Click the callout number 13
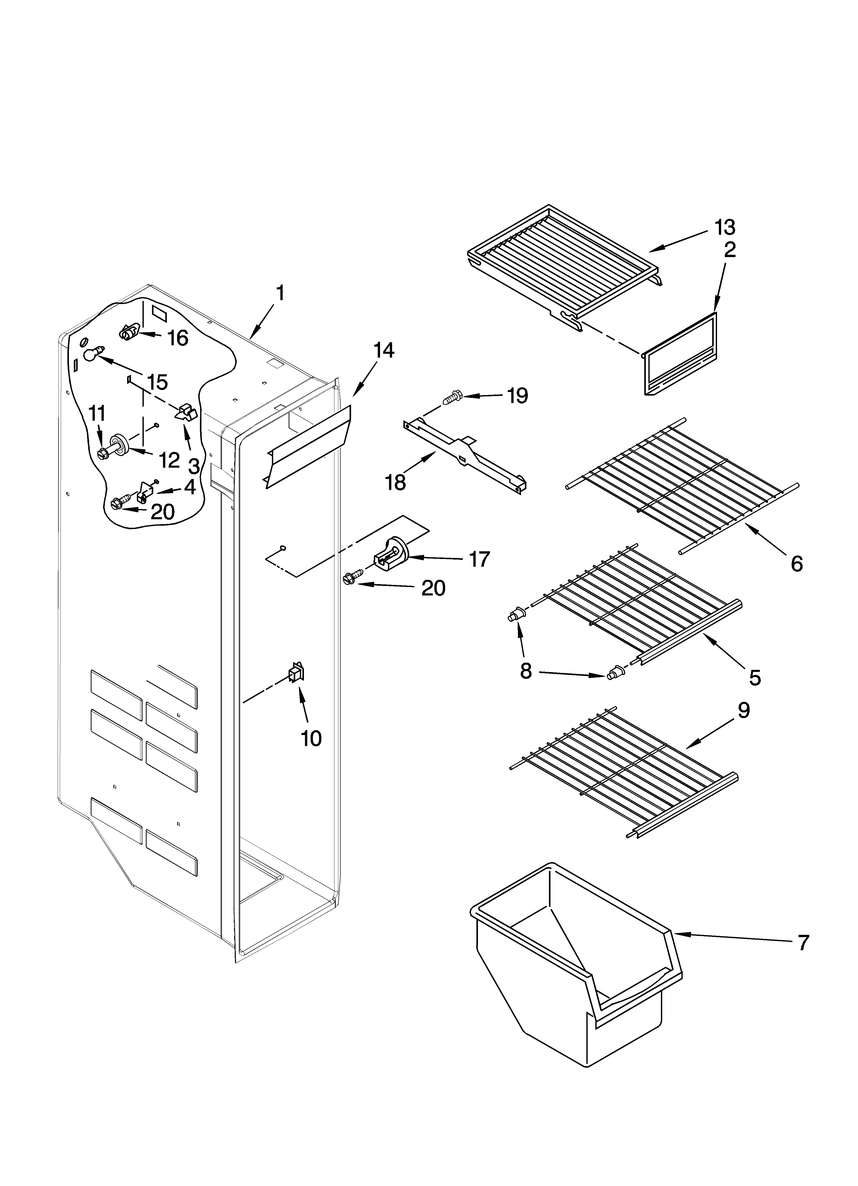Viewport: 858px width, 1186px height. coord(725,228)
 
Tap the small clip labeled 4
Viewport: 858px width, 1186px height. coord(144,492)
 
